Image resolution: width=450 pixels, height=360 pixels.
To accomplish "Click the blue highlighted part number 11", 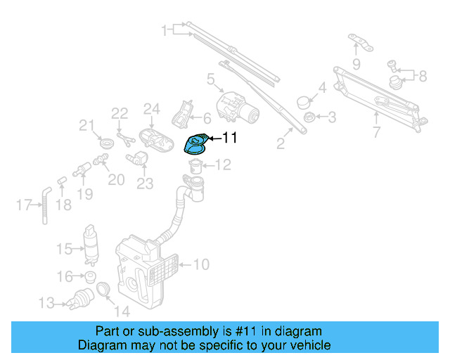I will pos(195,143).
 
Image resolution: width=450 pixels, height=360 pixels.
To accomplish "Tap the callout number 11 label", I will pos(231,139).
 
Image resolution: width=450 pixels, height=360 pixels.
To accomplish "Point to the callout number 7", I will pos(376,132).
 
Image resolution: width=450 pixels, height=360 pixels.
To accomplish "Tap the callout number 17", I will pos(22,205).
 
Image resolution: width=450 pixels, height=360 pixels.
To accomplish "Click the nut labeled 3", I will pos(308,115).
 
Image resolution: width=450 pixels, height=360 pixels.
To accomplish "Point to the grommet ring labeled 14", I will pos(103,289).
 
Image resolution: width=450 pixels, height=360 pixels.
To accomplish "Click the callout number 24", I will pos(153,109).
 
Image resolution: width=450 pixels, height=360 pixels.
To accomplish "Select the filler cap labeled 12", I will pos(196,167).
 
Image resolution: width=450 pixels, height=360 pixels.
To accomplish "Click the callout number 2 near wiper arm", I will pos(280,145).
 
